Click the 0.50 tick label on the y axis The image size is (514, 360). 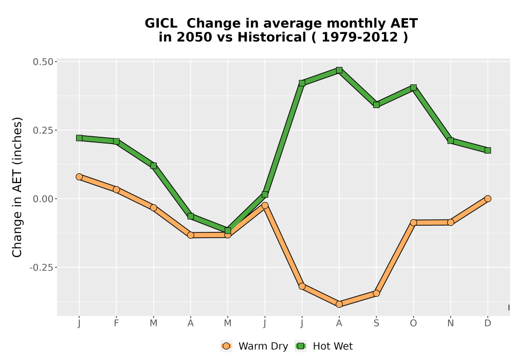click(43, 62)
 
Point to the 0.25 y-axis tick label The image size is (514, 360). click(43, 130)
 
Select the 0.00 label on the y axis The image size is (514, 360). click(43, 199)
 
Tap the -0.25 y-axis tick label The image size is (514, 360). click(41, 267)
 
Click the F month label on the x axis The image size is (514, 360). click(116, 323)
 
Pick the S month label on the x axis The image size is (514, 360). click(376, 323)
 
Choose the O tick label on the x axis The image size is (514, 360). click(413, 323)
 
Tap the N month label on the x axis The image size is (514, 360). click(450, 323)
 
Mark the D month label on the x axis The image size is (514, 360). click(488, 323)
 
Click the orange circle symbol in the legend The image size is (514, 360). click(226, 346)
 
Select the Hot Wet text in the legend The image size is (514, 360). click(333, 346)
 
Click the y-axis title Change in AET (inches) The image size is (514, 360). click(17, 187)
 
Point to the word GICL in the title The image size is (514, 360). click(161, 23)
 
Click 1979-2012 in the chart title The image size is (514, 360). click(360, 37)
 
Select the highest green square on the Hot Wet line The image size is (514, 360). click(339, 70)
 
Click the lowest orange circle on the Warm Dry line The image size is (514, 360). click(339, 304)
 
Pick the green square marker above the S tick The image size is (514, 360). click(376, 105)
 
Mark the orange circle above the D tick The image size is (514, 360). click(488, 199)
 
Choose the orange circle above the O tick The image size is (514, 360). click(413, 223)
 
